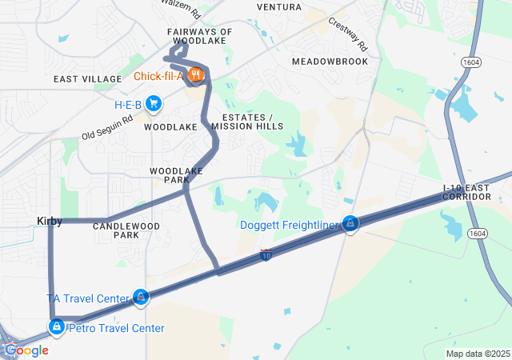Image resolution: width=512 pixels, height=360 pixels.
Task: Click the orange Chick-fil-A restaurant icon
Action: pyautogui.click(x=197, y=76)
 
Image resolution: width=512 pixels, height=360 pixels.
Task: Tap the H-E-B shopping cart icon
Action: pyautogui.click(x=153, y=103)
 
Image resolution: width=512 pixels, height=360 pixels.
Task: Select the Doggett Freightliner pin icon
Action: pyautogui.click(x=350, y=224)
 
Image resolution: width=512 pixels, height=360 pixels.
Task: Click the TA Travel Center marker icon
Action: pyautogui.click(x=141, y=298)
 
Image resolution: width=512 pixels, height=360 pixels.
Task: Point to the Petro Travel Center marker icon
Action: pyautogui.click(x=57, y=327)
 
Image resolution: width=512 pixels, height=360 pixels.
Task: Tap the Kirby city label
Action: pyautogui.click(x=49, y=220)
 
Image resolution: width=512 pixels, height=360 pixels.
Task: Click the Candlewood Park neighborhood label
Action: pyautogui.click(x=126, y=230)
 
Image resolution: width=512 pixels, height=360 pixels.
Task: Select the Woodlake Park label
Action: pyautogui.click(x=177, y=175)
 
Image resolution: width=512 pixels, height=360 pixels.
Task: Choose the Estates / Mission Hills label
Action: pyautogui.click(x=247, y=122)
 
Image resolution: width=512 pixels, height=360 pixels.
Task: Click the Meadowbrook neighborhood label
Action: pyautogui.click(x=330, y=61)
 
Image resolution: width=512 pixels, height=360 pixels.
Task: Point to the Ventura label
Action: pyautogui.click(x=279, y=6)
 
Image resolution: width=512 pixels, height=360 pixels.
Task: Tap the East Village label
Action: pyautogui.click(x=87, y=79)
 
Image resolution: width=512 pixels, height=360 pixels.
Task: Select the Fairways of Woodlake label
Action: pyautogui.click(x=200, y=36)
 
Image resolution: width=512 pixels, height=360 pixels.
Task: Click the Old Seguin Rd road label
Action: pyautogui.click(x=107, y=127)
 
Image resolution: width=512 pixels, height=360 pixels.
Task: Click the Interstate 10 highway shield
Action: pyautogui.click(x=266, y=255)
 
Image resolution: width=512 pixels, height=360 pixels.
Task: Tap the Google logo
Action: pyautogui.click(x=26, y=350)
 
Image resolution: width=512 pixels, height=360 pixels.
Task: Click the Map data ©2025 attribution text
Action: pyautogui.click(x=478, y=354)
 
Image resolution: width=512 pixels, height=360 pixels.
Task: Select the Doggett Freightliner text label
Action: pyautogui.click(x=289, y=225)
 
